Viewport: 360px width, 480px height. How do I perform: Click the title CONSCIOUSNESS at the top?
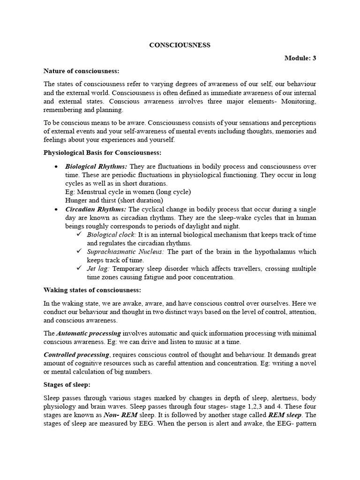(x=180, y=45)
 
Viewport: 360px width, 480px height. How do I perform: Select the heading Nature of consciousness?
(x=82, y=71)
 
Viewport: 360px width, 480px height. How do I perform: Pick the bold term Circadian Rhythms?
(x=95, y=209)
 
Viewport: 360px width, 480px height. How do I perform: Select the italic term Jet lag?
(x=98, y=269)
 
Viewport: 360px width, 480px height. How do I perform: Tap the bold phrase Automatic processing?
(x=89, y=333)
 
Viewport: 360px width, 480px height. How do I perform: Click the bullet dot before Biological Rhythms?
(x=56, y=167)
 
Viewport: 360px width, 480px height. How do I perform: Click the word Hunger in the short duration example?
(x=75, y=200)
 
